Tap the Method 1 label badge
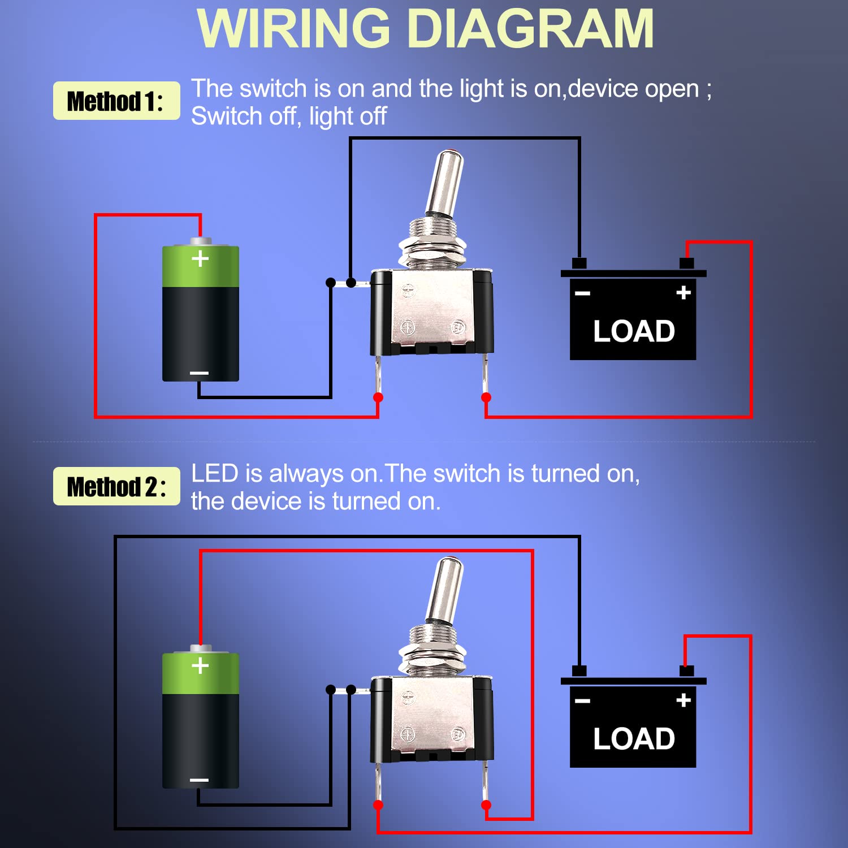pos(116,101)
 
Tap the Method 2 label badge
pos(116,486)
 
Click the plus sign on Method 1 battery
pos(200,259)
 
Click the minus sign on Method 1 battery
pos(199,373)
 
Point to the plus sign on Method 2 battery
pos(200,666)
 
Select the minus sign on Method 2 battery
pos(199,780)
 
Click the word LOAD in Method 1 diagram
pos(634,331)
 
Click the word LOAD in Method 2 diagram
pos(634,739)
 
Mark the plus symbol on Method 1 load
pos(683,293)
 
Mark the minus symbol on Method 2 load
pos(582,701)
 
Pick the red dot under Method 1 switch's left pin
pos(378,397)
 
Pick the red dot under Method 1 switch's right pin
pos(486,397)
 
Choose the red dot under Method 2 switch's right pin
pos(486,804)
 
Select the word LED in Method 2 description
pos(214,474)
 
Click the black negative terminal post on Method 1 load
pos(579,263)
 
